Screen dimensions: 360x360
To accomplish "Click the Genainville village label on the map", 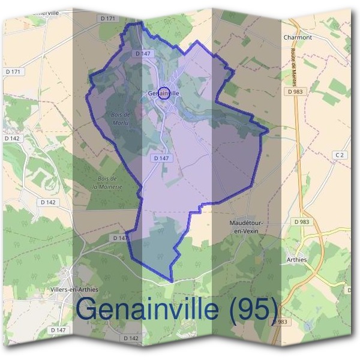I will tap(164, 93).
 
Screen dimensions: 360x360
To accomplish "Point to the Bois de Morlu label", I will tap(121, 118).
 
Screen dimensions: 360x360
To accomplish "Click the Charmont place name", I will tap(298, 37).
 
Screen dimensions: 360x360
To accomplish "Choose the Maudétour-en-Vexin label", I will tap(247, 226).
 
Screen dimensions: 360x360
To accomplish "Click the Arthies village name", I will tap(292, 260).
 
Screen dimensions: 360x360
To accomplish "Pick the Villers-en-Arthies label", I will tap(75, 289).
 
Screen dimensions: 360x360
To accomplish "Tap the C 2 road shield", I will tap(340, 155).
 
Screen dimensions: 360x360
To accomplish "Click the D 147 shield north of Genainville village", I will tap(142, 53).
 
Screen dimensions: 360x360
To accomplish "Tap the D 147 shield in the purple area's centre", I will tap(160, 158).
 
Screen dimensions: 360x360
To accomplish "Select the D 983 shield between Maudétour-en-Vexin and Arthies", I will tap(302, 222).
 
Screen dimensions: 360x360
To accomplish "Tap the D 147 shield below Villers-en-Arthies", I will tap(58, 330).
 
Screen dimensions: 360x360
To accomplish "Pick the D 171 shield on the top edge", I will tap(109, 19).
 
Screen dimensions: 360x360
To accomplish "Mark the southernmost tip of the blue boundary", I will tap(172, 281).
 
